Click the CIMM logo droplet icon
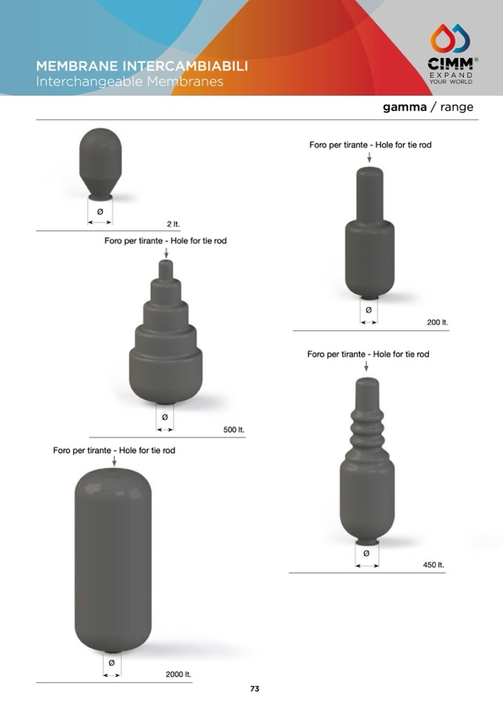(450, 39)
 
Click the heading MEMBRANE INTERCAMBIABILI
(142, 66)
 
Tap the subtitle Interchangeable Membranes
(130, 82)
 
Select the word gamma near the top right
(404, 107)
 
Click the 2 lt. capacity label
(174, 224)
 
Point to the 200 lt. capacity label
(437, 323)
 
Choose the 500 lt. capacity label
(234, 429)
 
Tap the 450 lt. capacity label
(433, 565)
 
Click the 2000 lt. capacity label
(178, 674)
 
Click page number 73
(255, 689)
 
